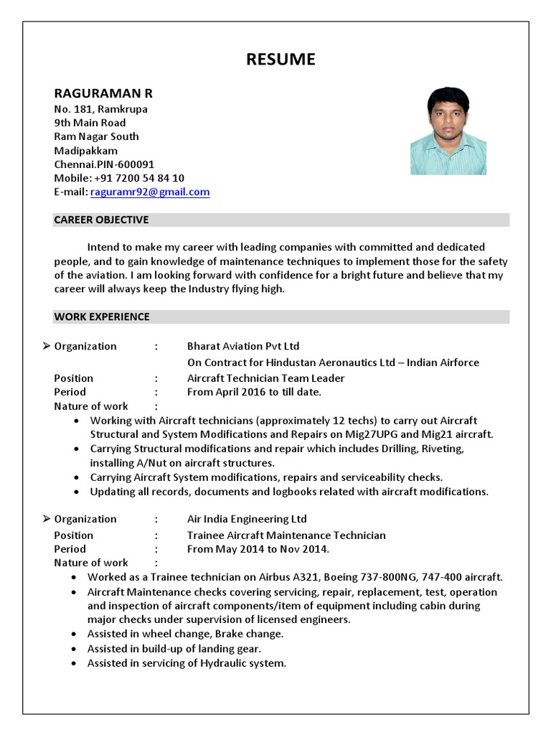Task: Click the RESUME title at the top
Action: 281,59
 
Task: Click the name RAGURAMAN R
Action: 103,93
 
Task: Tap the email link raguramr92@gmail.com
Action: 150,192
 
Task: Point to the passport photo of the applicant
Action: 448,131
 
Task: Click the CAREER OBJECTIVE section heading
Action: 101,220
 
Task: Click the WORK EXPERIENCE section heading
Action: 102,317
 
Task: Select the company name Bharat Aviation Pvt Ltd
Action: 243,346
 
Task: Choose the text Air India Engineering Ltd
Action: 247,519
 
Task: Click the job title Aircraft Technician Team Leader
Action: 265,378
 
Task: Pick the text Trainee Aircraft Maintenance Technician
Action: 286,535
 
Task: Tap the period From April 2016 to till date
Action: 254,392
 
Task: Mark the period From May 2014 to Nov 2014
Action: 258,549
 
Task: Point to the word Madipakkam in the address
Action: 86,151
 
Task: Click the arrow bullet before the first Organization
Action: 46,346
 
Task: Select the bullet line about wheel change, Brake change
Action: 185,634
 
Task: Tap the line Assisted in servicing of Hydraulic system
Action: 187,663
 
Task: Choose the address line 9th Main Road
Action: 90,123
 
